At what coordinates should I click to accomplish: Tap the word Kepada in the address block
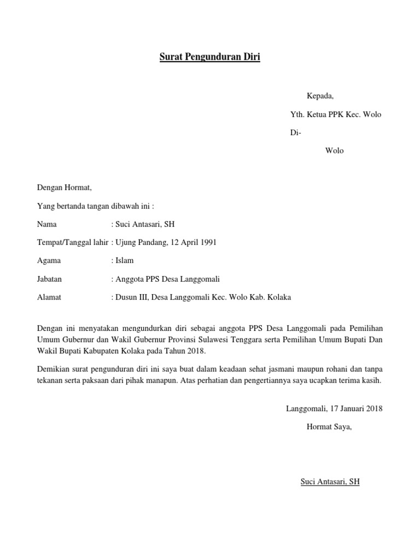320,96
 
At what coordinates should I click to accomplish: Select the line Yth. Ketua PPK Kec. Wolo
335,114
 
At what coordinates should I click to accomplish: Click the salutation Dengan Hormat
65,188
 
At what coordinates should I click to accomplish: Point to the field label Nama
46,224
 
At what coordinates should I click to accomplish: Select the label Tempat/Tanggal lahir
73,242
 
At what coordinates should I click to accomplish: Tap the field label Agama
49,260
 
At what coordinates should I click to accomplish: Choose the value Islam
124,260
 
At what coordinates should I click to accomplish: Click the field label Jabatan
49,279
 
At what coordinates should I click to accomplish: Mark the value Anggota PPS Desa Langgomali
167,279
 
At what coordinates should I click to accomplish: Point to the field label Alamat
49,297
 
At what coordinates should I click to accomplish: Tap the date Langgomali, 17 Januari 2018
334,409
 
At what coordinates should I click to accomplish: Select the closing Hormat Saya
329,427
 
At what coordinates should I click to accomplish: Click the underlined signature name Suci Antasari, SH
330,482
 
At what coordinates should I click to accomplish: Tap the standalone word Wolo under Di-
334,150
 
